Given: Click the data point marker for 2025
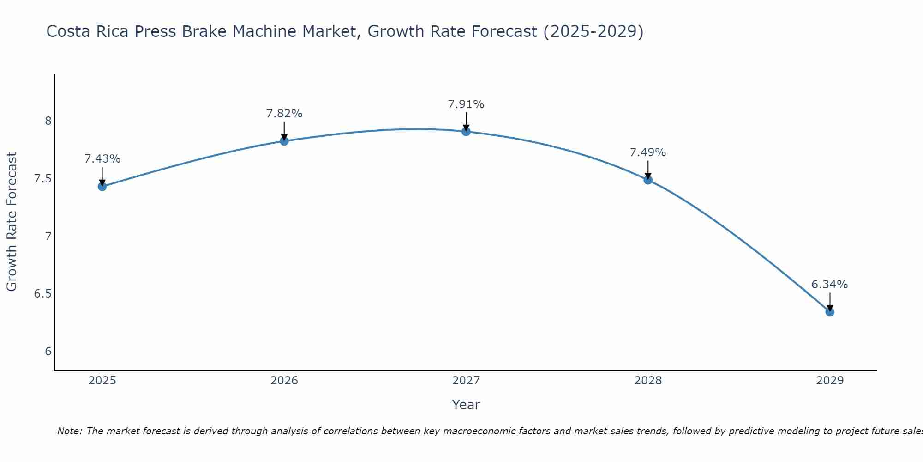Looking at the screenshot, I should (x=102, y=187).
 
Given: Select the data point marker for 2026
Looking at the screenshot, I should (x=284, y=141).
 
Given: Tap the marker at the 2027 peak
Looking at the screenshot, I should (x=466, y=132).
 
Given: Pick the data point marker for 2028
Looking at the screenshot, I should (x=648, y=180).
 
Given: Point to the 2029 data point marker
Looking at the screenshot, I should (x=830, y=312).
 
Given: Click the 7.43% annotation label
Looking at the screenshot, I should (x=102, y=159).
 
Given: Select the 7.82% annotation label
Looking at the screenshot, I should (x=284, y=114).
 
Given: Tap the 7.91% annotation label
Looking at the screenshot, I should (x=466, y=104).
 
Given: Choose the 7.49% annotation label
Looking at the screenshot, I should (x=648, y=152).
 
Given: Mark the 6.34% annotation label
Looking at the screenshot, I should (x=830, y=285).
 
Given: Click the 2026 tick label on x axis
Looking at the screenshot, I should (x=284, y=381).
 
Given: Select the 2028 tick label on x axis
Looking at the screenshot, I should (x=648, y=381).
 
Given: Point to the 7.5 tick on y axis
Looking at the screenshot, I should (x=42, y=179).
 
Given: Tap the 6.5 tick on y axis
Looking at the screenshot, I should (x=42, y=294).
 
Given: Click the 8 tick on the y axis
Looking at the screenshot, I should (x=48, y=121).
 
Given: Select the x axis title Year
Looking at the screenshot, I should (x=466, y=405).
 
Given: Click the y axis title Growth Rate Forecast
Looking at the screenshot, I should (x=12, y=222).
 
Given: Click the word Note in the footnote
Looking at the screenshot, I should (x=69, y=432).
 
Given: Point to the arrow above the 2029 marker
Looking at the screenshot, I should (x=830, y=301).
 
